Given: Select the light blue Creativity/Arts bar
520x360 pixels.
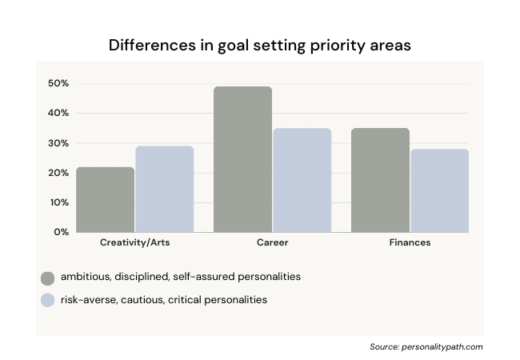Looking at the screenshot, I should [x=164, y=190].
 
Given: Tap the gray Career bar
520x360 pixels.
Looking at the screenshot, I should [x=243, y=159].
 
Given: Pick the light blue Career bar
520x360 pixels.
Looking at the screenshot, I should [x=302, y=180].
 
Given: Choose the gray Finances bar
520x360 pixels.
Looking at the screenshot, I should [x=380, y=180].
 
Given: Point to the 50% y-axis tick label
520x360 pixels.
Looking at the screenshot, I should [x=58, y=83].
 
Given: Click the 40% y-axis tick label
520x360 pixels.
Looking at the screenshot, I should [x=58, y=113].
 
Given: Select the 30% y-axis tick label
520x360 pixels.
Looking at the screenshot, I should [x=58, y=143].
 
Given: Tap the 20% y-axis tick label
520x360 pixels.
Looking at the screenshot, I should [x=58, y=173].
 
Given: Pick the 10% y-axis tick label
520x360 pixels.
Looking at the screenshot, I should [x=58, y=202].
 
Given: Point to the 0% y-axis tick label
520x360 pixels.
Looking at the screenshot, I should [x=62, y=232].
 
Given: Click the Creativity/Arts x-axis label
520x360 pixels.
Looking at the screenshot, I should [x=134, y=242].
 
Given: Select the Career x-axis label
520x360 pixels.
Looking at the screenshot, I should [x=272, y=242].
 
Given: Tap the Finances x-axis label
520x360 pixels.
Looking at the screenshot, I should [x=410, y=242].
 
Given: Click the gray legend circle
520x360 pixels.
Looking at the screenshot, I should [x=48, y=278].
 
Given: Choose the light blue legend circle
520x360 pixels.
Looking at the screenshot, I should [x=48, y=300].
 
